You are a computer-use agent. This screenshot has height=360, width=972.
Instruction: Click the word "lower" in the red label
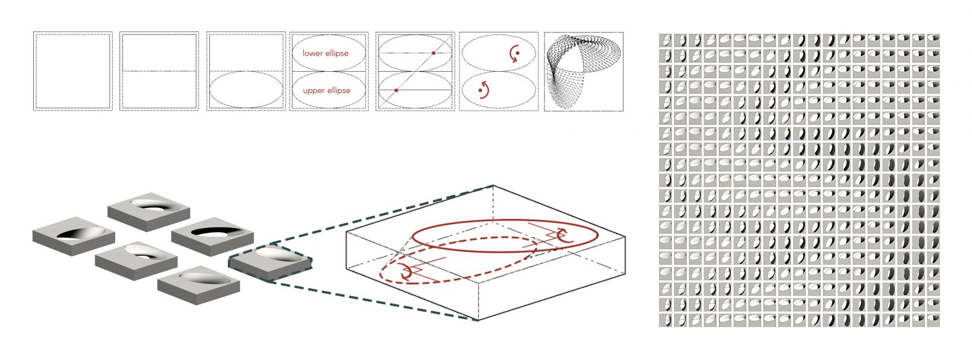pos(313,53)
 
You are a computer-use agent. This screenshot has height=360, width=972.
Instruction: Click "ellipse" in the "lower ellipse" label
pos(338,53)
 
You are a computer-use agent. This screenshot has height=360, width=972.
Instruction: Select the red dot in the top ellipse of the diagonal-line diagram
pos(434,53)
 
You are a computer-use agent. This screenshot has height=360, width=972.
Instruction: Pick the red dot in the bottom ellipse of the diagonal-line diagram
pos(397,90)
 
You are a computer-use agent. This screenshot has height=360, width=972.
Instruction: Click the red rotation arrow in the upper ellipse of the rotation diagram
pos(514,53)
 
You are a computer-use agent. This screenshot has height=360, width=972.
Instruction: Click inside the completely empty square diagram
pos(73,71)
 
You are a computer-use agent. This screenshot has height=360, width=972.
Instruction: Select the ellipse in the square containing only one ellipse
pos(247,71)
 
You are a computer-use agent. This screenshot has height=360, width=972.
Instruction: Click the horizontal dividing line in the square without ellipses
pos(159,71)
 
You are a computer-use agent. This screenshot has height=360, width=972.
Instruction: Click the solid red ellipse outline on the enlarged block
pos(505,221)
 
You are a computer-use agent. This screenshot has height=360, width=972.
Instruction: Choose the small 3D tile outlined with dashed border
pos(270,263)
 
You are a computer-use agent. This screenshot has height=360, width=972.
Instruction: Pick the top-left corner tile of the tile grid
pos(666,40)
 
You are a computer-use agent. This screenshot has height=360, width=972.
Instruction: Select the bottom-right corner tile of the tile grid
pos(933,321)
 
